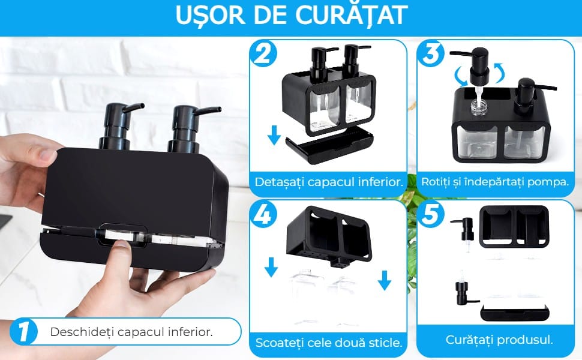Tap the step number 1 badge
pos(23,331)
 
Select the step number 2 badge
pos(263,54)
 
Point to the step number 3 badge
pos(431,54)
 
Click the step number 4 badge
pos(263,214)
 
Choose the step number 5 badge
pos(431,214)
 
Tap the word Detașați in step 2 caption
pos(279,182)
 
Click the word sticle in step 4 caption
pos(386,342)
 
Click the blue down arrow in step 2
pos(274,135)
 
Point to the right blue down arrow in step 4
pos(385,280)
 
